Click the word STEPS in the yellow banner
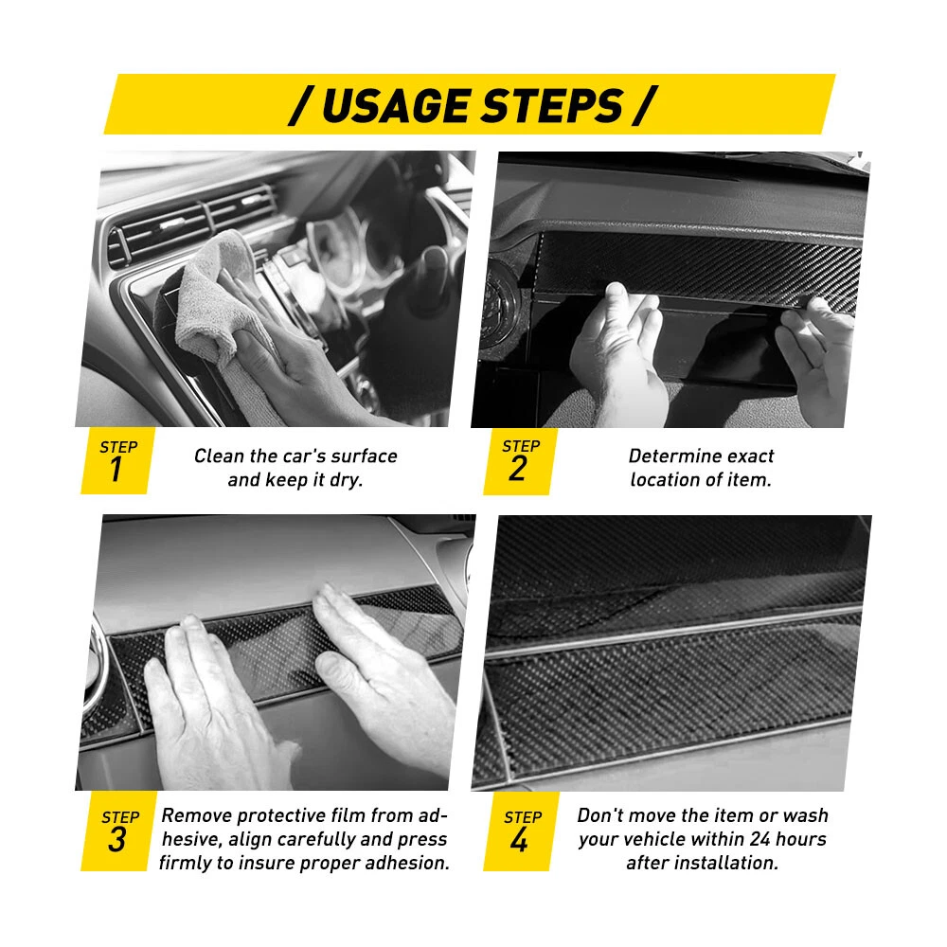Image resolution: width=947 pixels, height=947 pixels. [x=553, y=106]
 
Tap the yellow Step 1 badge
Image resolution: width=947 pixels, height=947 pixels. [x=116, y=461]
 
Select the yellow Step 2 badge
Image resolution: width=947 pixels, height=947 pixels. [x=518, y=461]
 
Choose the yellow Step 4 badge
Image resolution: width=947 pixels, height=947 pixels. [x=519, y=831]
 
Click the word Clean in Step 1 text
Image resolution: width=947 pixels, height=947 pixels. [x=220, y=456]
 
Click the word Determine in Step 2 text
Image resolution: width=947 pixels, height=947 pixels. [x=666, y=456]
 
